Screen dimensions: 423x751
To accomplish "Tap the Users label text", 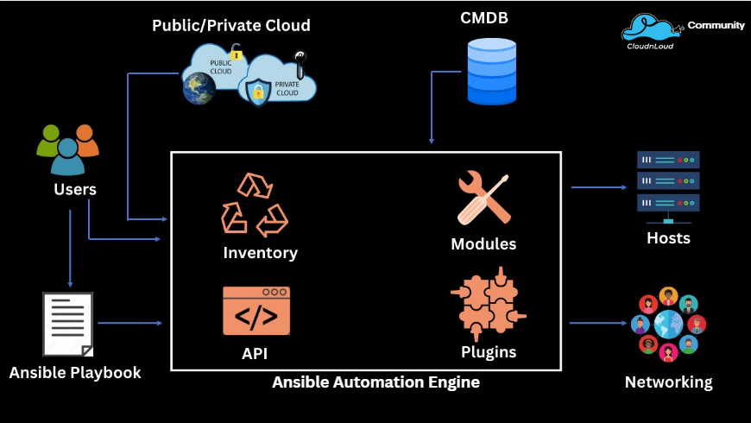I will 75,190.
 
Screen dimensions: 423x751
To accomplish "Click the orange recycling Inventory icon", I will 255,205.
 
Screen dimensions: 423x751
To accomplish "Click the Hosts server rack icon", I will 668,182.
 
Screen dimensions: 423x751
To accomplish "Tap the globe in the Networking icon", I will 668,325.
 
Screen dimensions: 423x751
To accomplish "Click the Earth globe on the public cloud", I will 199,87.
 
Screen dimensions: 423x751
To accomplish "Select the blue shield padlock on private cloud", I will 259,92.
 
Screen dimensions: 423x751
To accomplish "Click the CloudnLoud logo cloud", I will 650,28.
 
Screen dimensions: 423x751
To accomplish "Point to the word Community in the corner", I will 716,26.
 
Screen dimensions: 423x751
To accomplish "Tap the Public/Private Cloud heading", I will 231,26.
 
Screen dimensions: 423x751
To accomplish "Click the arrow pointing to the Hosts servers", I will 599,187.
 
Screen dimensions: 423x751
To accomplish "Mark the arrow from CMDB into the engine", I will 431,112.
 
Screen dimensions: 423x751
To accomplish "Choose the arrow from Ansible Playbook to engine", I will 130,324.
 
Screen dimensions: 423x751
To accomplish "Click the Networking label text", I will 668,382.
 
